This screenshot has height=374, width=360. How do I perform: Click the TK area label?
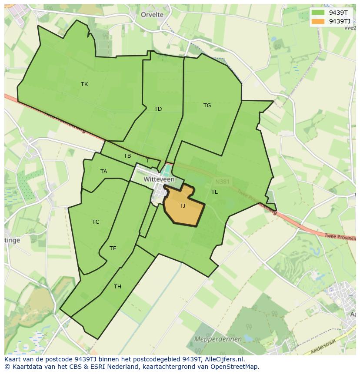(84, 84)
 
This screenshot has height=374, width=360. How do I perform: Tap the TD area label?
(158, 109)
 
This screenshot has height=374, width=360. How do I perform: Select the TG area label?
(207, 106)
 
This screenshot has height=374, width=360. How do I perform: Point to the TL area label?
(214, 192)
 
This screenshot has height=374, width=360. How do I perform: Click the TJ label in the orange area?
(182, 206)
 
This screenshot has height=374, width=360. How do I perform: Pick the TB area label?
(127, 156)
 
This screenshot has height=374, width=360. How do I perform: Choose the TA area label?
(103, 172)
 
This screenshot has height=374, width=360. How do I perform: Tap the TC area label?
(96, 222)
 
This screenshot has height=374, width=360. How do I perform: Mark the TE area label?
(113, 248)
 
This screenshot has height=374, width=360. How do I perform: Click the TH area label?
(117, 287)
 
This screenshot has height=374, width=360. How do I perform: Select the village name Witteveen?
(159, 179)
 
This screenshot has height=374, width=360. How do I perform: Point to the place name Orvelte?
(152, 15)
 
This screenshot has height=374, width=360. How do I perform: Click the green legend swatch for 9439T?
(318, 12)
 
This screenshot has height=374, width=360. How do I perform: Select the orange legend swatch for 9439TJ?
(318, 21)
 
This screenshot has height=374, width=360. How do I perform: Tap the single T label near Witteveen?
(147, 161)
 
